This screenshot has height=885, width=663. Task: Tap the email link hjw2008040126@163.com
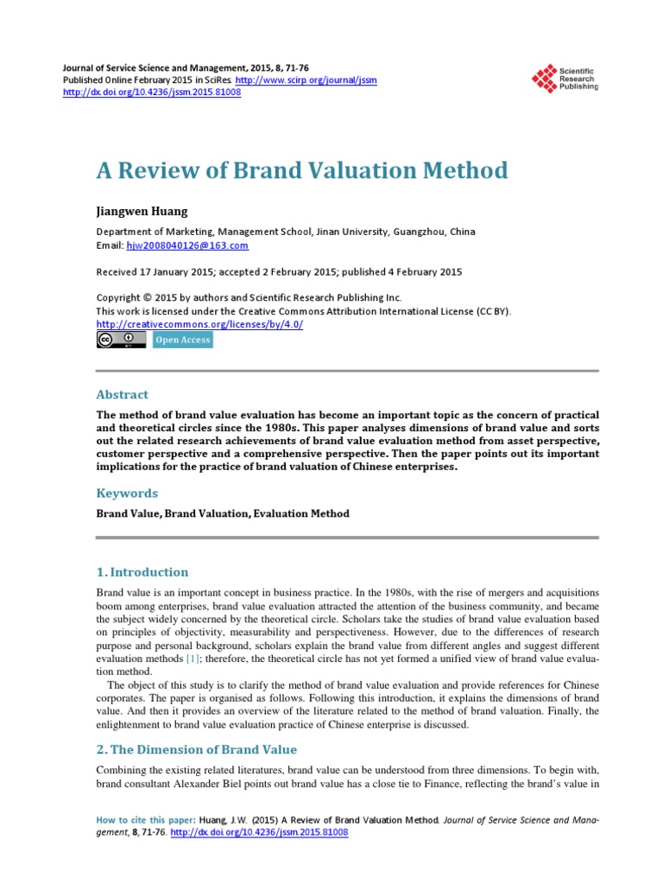pyautogui.click(x=187, y=245)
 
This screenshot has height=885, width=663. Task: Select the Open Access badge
pyautogui.click(x=182, y=340)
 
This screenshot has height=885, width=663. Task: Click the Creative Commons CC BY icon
pyautogui.click(x=121, y=340)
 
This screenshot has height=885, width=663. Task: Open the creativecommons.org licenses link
pyautogui.click(x=199, y=324)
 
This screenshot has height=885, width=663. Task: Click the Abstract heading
pyautogui.click(x=122, y=394)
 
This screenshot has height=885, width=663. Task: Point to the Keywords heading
pyautogui.click(x=127, y=493)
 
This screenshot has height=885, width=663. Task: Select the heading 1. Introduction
pyautogui.click(x=142, y=572)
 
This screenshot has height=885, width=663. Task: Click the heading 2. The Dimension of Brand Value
pyautogui.click(x=196, y=749)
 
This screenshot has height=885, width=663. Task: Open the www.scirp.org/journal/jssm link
pyautogui.click(x=307, y=80)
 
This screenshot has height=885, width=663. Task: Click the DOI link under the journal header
pyautogui.click(x=152, y=92)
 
